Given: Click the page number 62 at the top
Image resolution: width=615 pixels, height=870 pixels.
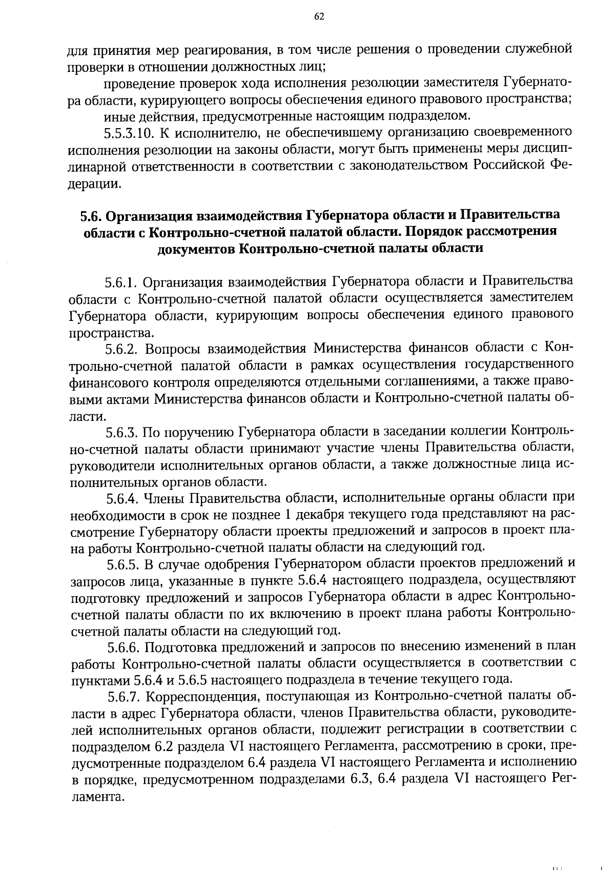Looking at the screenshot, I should click(319, 17).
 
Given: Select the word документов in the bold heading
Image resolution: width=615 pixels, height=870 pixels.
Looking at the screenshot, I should click(196, 249).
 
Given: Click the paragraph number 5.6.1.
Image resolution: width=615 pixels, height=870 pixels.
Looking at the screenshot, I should click(121, 282).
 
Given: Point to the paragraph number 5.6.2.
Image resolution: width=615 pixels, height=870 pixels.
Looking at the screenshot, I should click(123, 350).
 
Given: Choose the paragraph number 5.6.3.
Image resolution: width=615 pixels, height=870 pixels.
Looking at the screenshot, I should click(123, 433).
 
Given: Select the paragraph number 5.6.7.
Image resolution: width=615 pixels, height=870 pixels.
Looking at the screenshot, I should click(125, 696).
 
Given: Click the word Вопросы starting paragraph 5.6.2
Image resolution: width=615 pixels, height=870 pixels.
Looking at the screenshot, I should click(173, 350).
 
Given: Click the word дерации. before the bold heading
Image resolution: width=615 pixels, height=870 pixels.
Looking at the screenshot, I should click(95, 184).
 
